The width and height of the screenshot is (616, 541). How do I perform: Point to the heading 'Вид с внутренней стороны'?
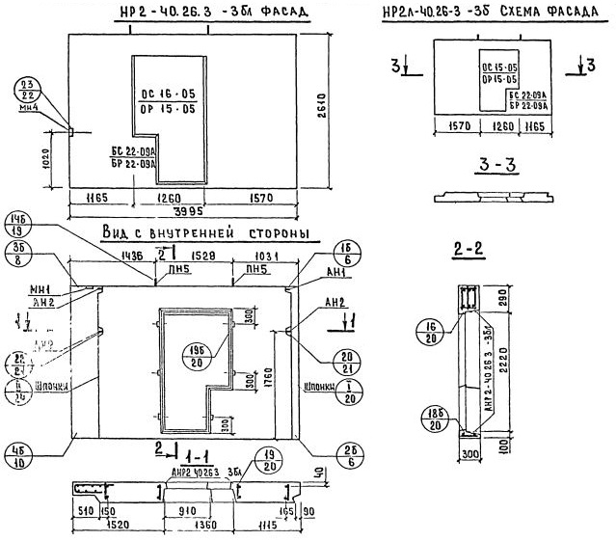[198, 235]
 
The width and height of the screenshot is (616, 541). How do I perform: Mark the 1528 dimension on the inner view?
[201, 257]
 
